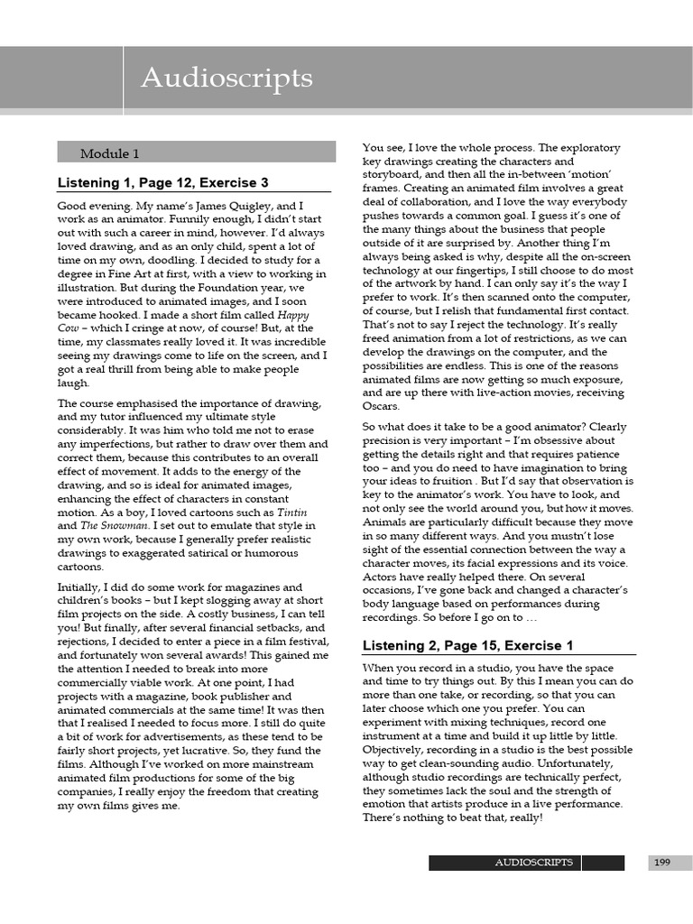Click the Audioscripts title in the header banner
click(x=226, y=79)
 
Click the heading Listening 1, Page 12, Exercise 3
click(x=162, y=182)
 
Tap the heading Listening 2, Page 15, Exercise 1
click(x=467, y=645)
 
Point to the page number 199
click(x=662, y=863)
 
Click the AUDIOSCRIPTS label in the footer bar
click(x=533, y=863)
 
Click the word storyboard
click(x=397, y=174)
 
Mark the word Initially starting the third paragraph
click(x=80, y=587)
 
